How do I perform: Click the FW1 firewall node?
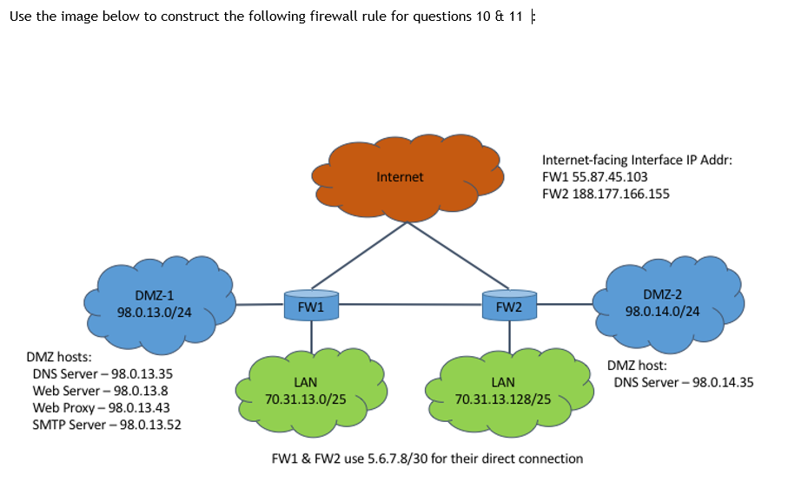[x=311, y=305]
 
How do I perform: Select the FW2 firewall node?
[x=509, y=305]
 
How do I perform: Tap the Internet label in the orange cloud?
[x=400, y=177]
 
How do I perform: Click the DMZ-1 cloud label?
[x=155, y=295]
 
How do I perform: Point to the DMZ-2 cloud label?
[x=662, y=294]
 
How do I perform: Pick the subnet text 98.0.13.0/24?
[x=155, y=313]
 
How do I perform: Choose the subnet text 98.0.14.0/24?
[x=662, y=311]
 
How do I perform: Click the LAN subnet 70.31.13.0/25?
[x=306, y=399]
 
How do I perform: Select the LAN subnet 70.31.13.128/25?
[x=503, y=399]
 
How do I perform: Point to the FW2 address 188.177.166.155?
[x=620, y=194]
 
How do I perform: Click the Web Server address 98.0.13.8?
[x=141, y=391]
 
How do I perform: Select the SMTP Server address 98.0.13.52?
[x=150, y=425]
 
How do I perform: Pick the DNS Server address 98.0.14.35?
[x=723, y=383]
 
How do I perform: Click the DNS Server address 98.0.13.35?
[x=142, y=374]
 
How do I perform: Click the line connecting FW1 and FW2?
[x=410, y=304]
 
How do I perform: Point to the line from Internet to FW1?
[x=360, y=256]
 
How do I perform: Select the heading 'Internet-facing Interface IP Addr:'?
[x=637, y=160]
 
